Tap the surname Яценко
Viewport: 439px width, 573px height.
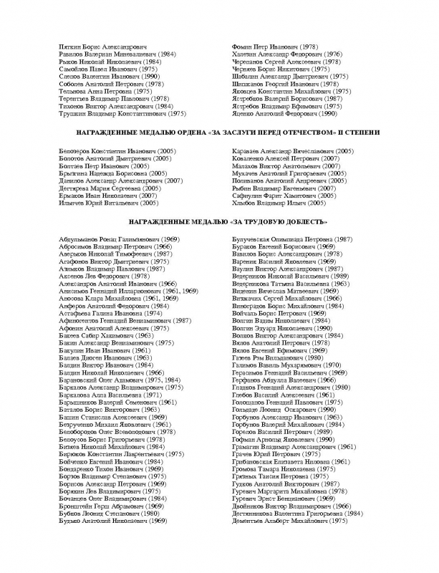pos(245,113)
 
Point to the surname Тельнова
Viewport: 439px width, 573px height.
pos(73,92)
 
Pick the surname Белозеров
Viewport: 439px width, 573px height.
pos(76,152)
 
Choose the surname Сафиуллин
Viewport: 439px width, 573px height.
pos(252,196)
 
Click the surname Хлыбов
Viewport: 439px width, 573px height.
pos(246,203)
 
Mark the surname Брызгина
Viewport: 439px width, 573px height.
pos(74,173)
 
